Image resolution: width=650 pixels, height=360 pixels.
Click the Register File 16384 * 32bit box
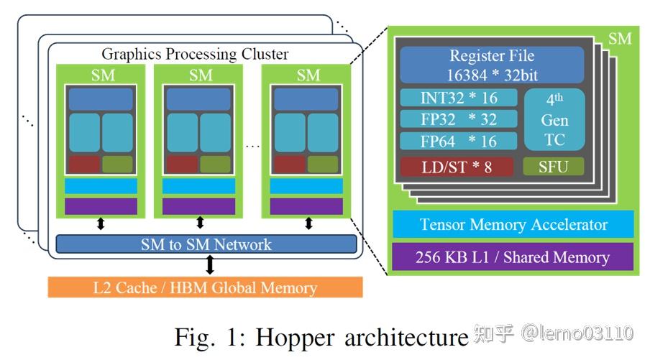492,65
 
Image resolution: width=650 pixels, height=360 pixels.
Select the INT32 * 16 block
458,98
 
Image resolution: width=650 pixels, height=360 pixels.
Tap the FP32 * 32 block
458,119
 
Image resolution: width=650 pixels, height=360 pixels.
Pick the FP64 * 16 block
458,141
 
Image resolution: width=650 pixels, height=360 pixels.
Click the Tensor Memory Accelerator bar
513,224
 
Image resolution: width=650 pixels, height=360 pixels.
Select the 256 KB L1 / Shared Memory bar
513,257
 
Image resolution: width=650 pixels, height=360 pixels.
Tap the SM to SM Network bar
206,244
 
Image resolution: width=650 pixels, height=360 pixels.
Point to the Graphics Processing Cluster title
195,54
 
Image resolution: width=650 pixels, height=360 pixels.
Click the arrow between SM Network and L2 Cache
210,264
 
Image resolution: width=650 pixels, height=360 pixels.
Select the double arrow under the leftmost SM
101,224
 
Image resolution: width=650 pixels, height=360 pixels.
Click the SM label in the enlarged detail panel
620,38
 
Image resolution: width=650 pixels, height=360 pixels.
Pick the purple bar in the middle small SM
198,207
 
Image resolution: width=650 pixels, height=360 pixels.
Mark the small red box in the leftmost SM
83,164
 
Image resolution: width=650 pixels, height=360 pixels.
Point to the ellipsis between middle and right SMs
252,146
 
